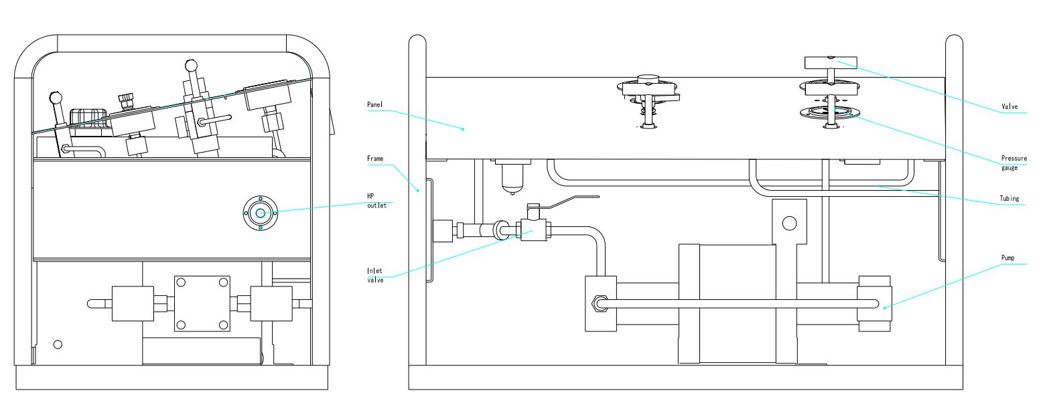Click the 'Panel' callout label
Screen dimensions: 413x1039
coord(374,105)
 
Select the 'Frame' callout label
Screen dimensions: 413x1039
coord(375,159)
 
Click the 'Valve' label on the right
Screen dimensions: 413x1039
coord(1010,106)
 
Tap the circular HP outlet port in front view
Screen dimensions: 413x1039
coord(261,214)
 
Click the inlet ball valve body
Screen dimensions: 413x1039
coord(533,232)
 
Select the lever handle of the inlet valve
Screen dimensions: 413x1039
coord(573,198)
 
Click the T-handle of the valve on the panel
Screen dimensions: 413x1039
coord(829,63)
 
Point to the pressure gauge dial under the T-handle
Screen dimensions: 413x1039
coord(829,113)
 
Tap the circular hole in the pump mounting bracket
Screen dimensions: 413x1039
coord(790,223)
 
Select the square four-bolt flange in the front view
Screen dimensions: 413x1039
coord(202,303)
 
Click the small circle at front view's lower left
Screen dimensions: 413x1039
coord(58,344)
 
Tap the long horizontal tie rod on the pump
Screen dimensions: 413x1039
coord(737,303)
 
